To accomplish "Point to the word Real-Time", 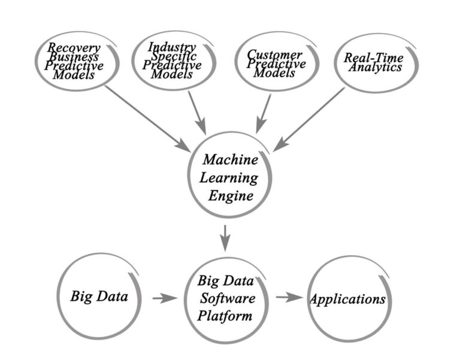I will click(x=373, y=58).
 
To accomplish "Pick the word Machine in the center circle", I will click(x=230, y=160).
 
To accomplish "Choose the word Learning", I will click(x=230, y=178).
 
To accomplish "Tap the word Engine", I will click(x=230, y=195).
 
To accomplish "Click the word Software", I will click(x=225, y=298).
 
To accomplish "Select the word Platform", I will click(x=225, y=315).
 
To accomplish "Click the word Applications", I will click(x=347, y=299).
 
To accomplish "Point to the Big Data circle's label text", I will click(x=99, y=296).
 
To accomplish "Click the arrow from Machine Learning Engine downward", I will click(x=226, y=238).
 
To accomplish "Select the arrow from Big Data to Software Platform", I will click(x=165, y=297).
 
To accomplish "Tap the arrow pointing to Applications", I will click(x=289, y=297).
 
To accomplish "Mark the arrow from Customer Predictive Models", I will click(x=263, y=112).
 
